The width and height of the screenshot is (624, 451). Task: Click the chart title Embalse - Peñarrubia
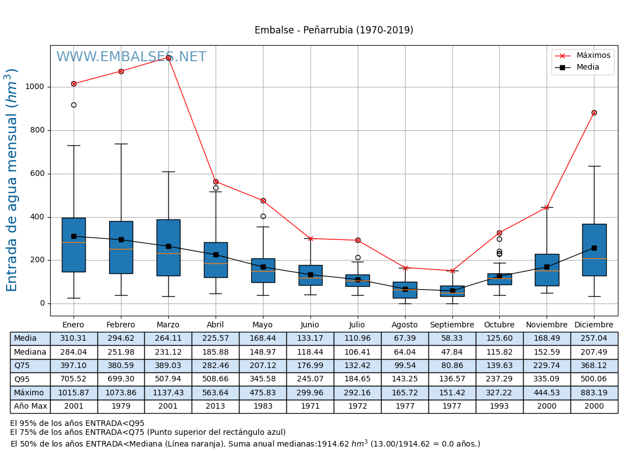pyautogui.click(x=334, y=31)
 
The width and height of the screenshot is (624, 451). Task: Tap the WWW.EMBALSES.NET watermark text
pyautogui.click(x=131, y=57)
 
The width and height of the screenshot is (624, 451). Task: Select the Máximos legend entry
pyautogui.click(x=593, y=56)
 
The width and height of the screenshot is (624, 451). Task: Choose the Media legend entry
pyautogui.click(x=588, y=67)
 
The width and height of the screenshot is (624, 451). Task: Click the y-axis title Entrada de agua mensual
pyautogui.click(x=12, y=180)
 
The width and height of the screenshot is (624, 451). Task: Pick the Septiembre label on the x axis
pyautogui.click(x=452, y=325)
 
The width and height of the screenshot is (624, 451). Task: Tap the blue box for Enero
pyautogui.click(x=74, y=245)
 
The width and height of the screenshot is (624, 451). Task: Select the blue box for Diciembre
pyautogui.click(x=594, y=249)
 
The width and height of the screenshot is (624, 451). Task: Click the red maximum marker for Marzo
pyautogui.click(x=168, y=57)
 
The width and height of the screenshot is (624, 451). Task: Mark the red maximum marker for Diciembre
pyautogui.click(x=594, y=112)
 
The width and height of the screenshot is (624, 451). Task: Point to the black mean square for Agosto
pyautogui.click(x=405, y=289)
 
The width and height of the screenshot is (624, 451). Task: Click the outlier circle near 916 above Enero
pyautogui.click(x=74, y=105)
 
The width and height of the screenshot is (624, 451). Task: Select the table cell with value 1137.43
pyautogui.click(x=168, y=393)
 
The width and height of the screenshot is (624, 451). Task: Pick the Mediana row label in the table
pyautogui.click(x=30, y=352)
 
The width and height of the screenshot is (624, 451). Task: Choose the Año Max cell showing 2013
pyautogui.click(x=216, y=406)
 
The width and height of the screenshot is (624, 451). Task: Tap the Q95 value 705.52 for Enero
pyautogui.click(x=74, y=380)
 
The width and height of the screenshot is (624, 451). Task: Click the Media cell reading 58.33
pyautogui.click(x=452, y=339)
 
